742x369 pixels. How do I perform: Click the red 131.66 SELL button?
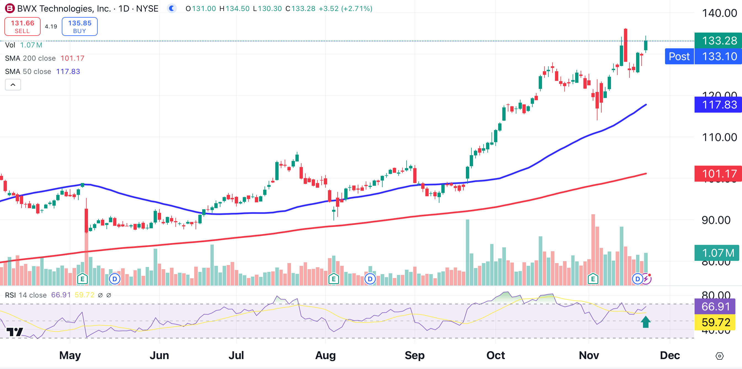pyautogui.click(x=22, y=26)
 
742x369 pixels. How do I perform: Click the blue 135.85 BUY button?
pyautogui.click(x=79, y=26)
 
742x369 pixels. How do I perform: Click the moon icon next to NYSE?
pyautogui.click(x=172, y=8)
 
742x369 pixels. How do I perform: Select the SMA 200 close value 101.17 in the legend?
pyautogui.click(x=72, y=58)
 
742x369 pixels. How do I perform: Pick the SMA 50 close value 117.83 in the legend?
pyautogui.click(x=68, y=71)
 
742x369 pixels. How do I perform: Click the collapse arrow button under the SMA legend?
pyautogui.click(x=13, y=85)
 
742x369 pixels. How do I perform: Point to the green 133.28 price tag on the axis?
pyautogui.click(x=719, y=41)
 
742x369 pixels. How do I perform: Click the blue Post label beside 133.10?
pyautogui.click(x=679, y=57)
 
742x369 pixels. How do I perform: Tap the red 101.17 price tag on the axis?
pyautogui.click(x=719, y=174)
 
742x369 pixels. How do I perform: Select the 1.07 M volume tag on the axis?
pyautogui.click(x=717, y=253)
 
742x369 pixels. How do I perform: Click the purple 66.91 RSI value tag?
pyautogui.click(x=715, y=306)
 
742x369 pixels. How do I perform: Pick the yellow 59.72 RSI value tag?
pyautogui.click(x=715, y=322)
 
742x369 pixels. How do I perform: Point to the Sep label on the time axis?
pyautogui.click(x=415, y=355)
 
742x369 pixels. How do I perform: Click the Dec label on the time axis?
pyautogui.click(x=670, y=355)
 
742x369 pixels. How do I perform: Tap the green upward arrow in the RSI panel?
pyautogui.click(x=645, y=322)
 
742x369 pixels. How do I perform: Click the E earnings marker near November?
pyautogui.click(x=593, y=279)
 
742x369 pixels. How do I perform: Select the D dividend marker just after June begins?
pyautogui.click(x=115, y=279)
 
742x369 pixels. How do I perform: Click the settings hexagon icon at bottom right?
pyautogui.click(x=719, y=356)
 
